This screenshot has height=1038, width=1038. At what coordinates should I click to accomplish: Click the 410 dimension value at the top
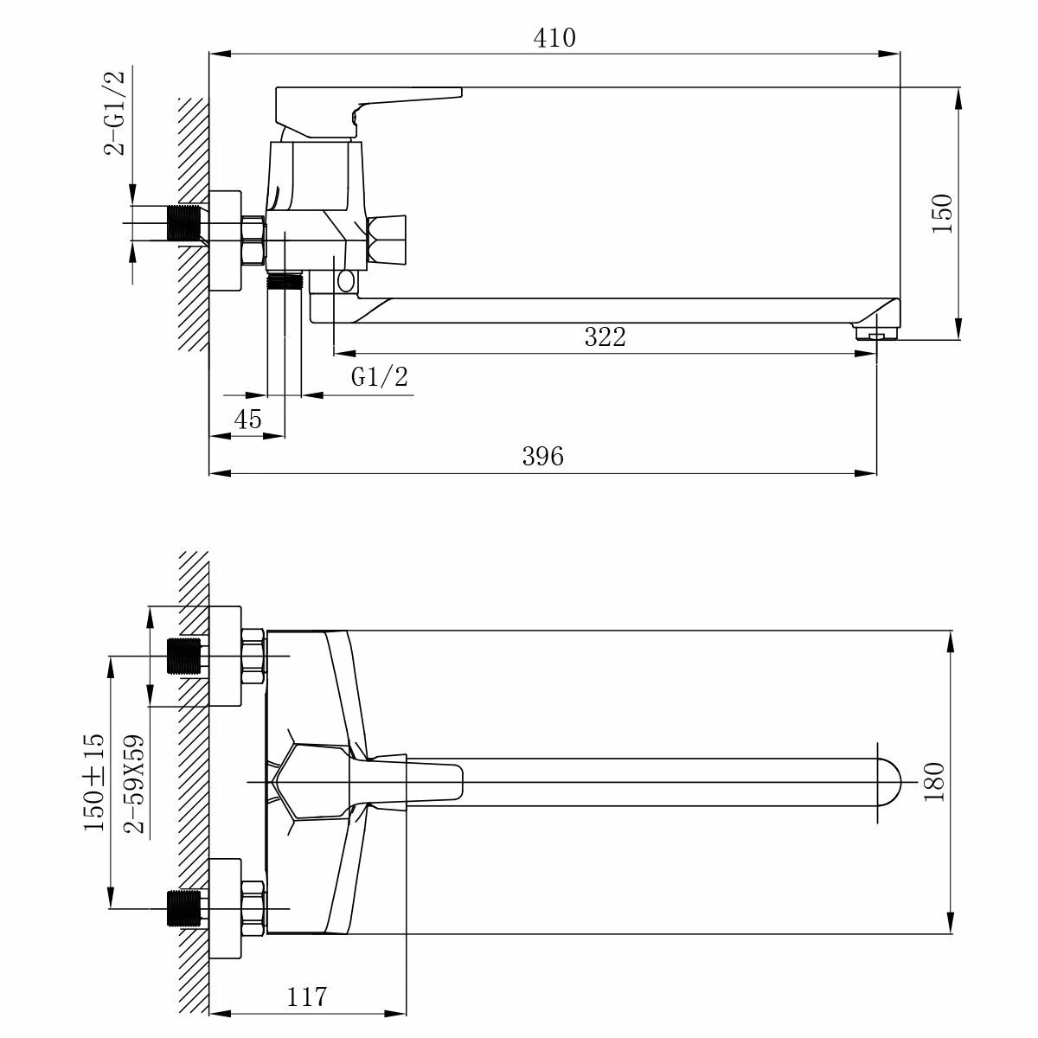[554, 38]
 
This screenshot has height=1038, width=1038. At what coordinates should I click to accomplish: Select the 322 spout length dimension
[605, 337]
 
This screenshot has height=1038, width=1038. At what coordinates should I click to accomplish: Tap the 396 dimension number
[542, 456]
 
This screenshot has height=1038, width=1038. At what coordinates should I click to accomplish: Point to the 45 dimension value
[247, 419]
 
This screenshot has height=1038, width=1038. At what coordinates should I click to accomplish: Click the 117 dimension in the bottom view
[306, 996]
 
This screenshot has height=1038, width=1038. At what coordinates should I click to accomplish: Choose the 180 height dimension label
[934, 782]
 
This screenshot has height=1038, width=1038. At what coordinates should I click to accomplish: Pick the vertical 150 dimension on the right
[942, 214]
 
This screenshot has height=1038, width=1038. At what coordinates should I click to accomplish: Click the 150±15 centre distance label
[94, 782]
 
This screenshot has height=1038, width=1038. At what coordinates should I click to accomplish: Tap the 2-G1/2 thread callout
[114, 113]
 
